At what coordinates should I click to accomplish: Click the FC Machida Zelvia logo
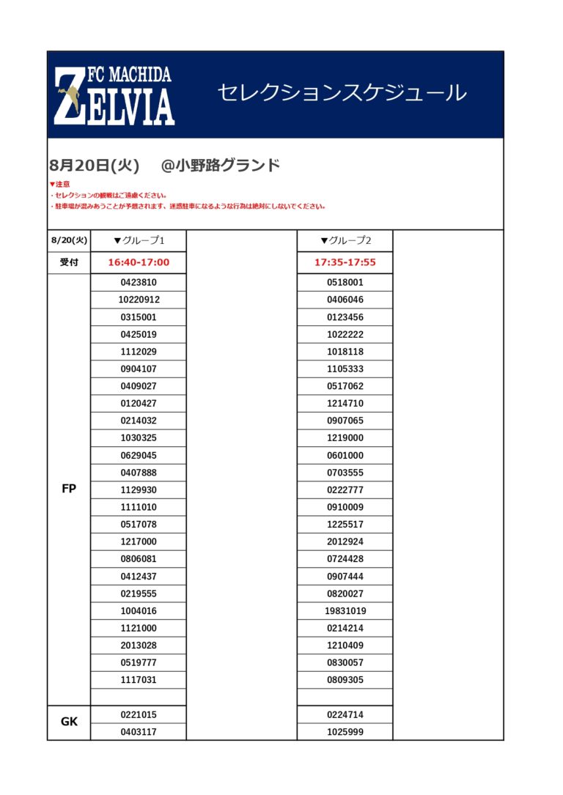point(114,95)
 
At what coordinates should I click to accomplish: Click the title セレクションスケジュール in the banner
point(342,93)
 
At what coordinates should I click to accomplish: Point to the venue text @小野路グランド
point(220,165)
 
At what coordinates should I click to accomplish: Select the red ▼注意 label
point(59,184)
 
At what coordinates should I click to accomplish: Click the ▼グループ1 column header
point(139,240)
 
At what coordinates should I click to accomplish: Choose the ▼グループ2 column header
point(345,240)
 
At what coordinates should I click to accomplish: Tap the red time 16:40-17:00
point(139,262)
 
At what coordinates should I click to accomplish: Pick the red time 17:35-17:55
point(345,262)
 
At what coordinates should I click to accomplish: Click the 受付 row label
point(69,262)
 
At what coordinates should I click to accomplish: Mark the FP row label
point(69,489)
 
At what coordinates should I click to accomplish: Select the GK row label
point(69,722)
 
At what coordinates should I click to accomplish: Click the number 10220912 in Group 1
point(139,300)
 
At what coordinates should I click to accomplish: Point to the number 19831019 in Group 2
point(345,611)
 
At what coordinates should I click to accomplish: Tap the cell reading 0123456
point(345,317)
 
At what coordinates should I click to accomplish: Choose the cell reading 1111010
point(139,507)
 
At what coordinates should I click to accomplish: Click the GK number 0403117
point(139,732)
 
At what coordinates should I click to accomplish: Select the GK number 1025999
point(345,732)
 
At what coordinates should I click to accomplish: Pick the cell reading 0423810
point(139,282)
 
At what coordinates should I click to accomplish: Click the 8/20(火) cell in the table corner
point(69,240)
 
